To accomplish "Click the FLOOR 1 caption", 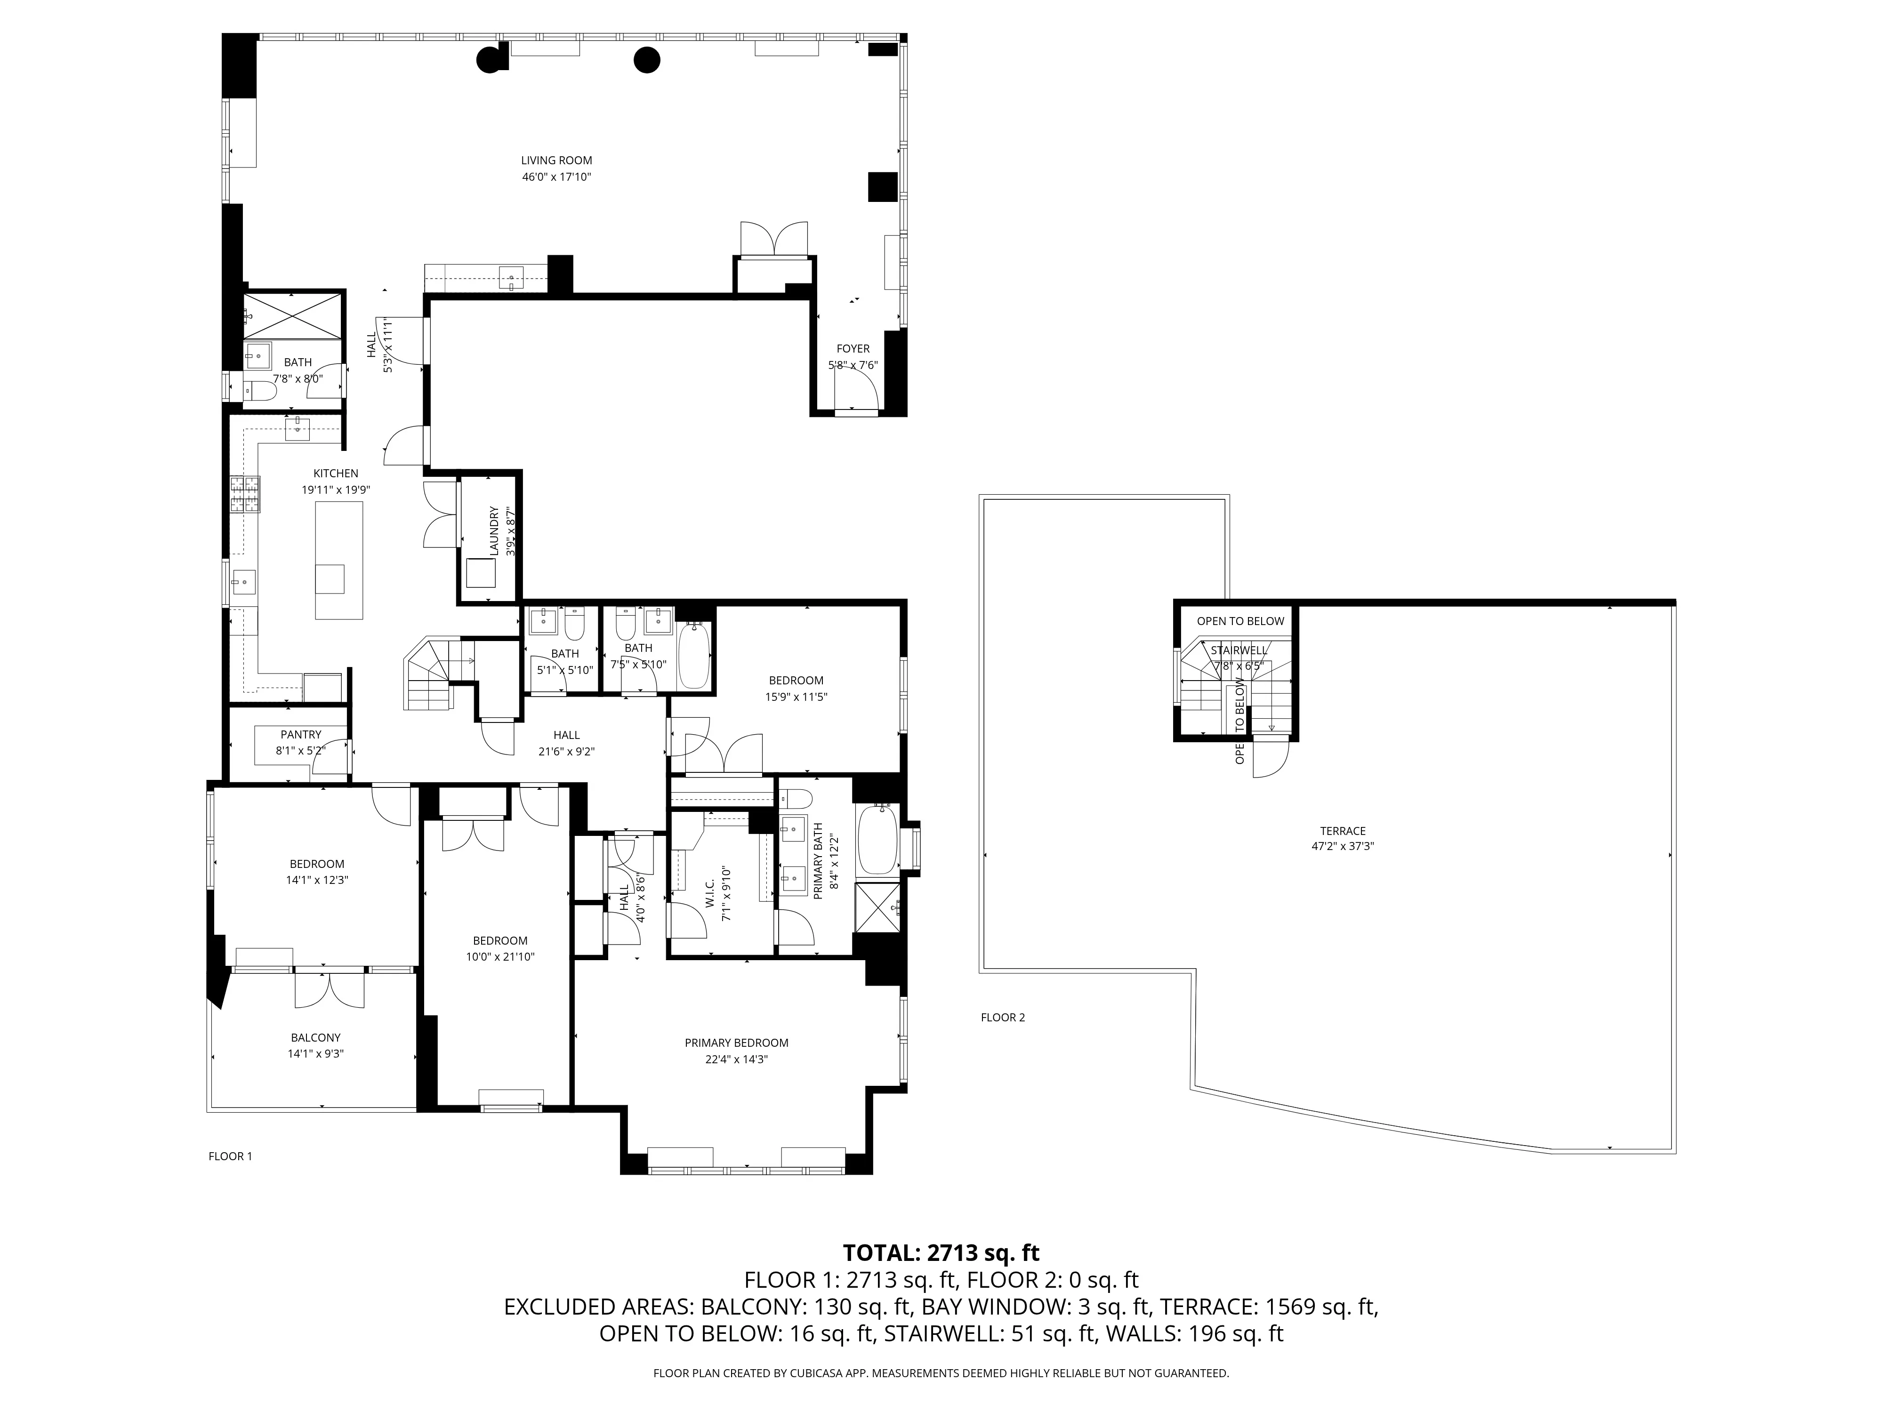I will pyautogui.click(x=230, y=1156).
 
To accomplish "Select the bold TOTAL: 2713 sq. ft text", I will pyautogui.click(x=941, y=1253).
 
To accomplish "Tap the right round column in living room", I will pyautogui.click(x=646, y=60).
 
